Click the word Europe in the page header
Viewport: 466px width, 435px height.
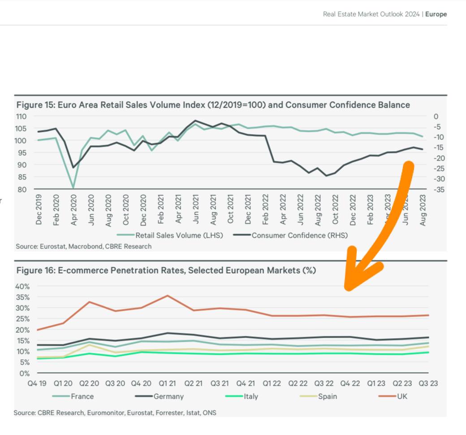(436, 14)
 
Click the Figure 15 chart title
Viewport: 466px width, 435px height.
(213, 105)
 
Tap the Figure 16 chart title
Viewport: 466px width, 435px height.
(166, 270)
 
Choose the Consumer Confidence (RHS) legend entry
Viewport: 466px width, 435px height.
(300, 235)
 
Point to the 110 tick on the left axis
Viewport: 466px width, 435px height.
(22, 116)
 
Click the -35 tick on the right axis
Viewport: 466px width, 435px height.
(439, 189)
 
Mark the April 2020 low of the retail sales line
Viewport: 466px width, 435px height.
(73, 188)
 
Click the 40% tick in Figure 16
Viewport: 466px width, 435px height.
(22, 286)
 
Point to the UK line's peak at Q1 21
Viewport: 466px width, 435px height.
(167, 296)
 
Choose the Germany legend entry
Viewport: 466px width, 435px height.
(168, 396)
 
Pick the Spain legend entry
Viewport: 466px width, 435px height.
(328, 396)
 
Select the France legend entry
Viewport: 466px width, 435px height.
(82, 396)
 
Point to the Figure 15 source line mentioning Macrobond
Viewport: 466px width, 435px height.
(84, 246)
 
